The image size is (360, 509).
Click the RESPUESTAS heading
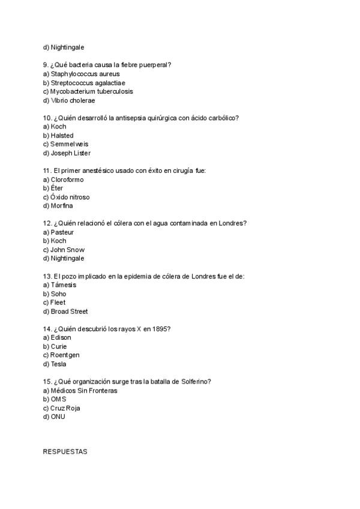point(65,451)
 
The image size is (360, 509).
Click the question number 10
point(47,118)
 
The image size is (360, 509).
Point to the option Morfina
point(58,206)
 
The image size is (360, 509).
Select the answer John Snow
point(64,250)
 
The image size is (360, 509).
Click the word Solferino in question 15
point(196,382)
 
